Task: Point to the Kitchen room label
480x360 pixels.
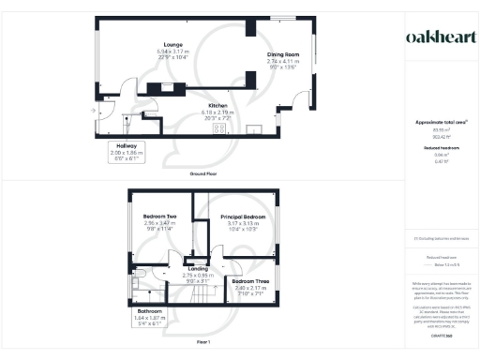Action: (217, 106)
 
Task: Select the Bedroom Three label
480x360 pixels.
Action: (250, 281)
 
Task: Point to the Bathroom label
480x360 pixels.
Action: (150, 310)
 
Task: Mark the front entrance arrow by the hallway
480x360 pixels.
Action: (94, 111)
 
